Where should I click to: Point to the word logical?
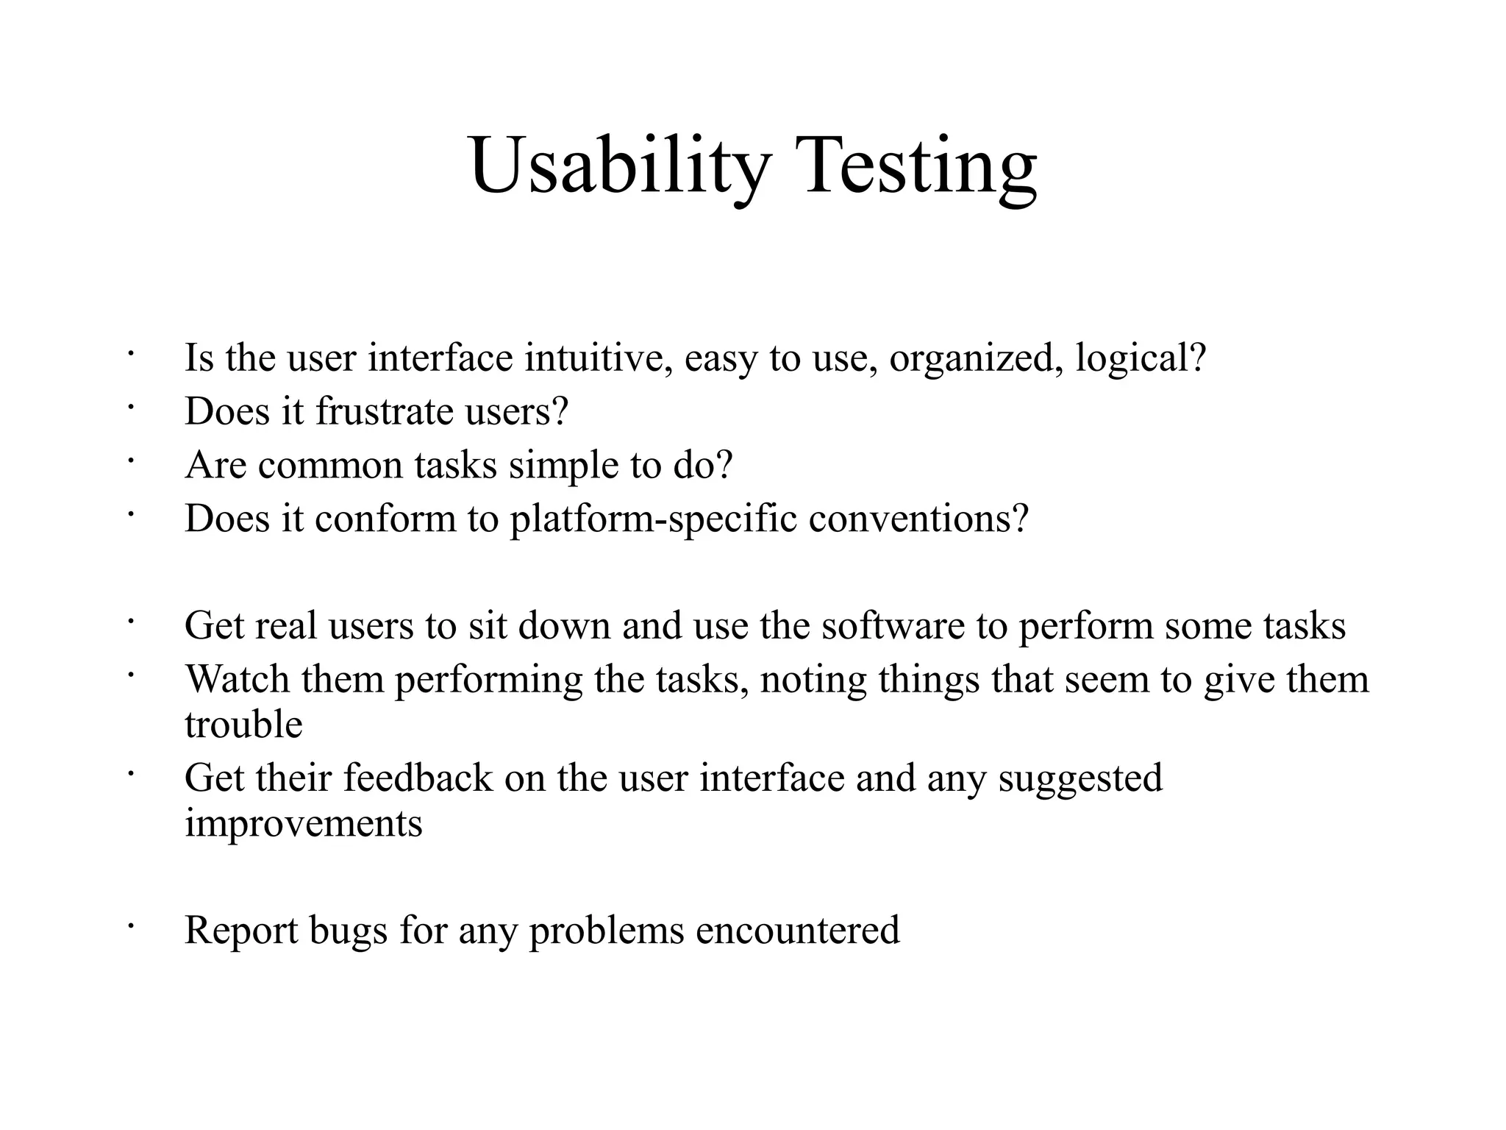pyautogui.click(x=1141, y=358)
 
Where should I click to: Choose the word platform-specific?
pyautogui.click(x=654, y=519)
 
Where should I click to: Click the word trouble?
pyautogui.click(x=243, y=725)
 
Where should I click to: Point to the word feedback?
pyautogui.click(x=418, y=778)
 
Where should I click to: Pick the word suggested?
pyautogui.click(x=1080, y=778)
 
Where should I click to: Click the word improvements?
pyautogui.click(x=304, y=823)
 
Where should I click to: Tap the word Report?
pyautogui.click(x=241, y=931)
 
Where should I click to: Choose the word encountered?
pyautogui.click(x=797, y=931)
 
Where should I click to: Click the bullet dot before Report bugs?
pyautogui.click(x=129, y=927)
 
